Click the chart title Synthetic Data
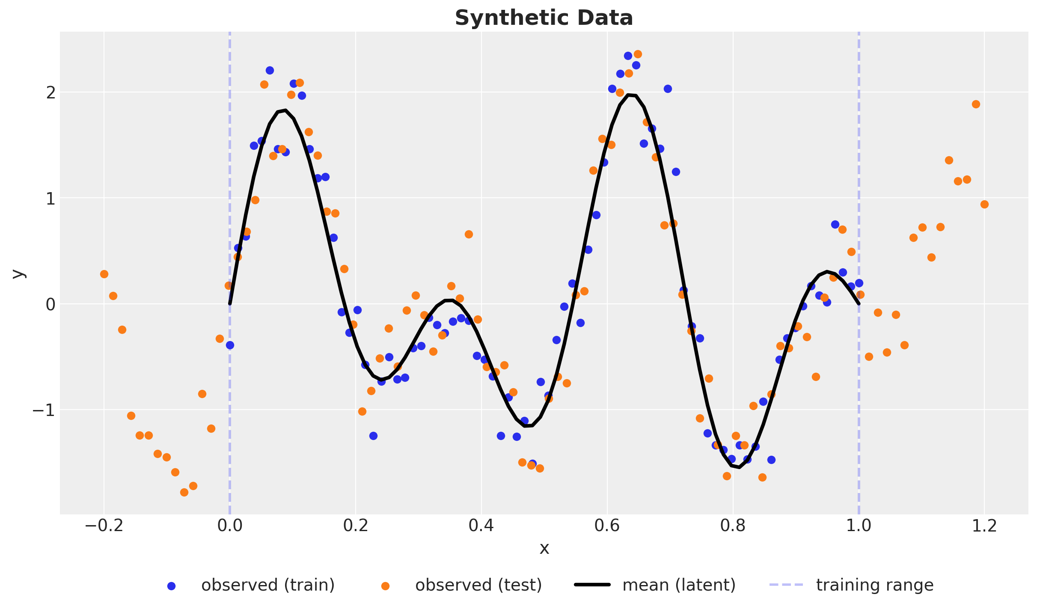[544, 18]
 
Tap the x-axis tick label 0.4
[481, 526]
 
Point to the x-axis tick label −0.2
[104, 526]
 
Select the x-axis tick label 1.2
[984, 526]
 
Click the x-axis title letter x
[544, 548]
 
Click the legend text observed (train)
[267, 585]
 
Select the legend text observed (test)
[478, 585]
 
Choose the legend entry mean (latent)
[679, 585]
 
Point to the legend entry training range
[874, 585]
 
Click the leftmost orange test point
[104, 274]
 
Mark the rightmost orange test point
[984, 204]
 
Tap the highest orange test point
[638, 54]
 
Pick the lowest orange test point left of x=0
[184, 492]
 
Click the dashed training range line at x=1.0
[859, 171]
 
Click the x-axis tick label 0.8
[733, 526]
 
